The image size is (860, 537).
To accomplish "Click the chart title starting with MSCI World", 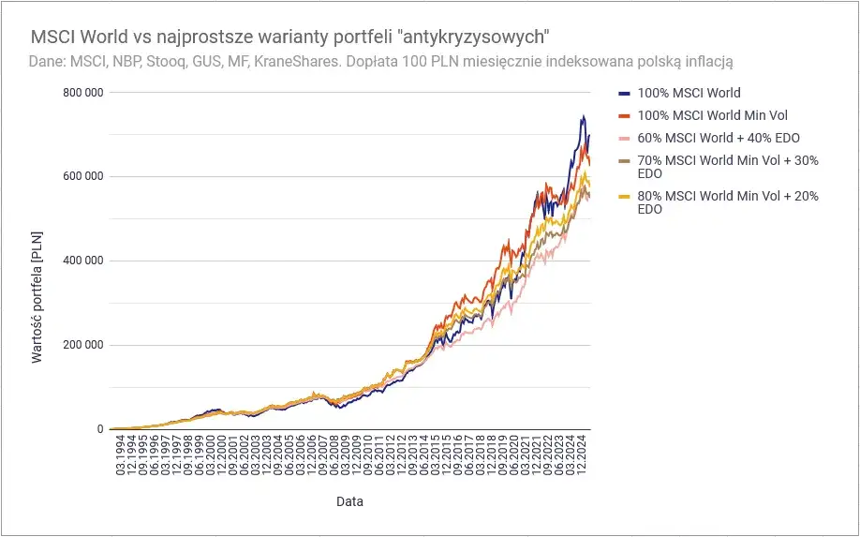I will pyautogui.click(x=289, y=37).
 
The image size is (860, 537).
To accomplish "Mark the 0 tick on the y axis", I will pyautogui.click(x=98, y=429).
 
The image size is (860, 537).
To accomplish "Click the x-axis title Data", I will pyautogui.click(x=349, y=501).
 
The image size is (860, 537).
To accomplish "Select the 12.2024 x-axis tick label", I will pyautogui.click(x=583, y=456).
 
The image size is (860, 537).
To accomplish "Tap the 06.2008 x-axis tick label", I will pyautogui.click(x=334, y=456).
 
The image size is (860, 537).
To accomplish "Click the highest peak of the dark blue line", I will pyautogui.click(x=583, y=116).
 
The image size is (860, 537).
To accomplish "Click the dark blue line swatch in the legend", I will pyautogui.click(x=624, y=93).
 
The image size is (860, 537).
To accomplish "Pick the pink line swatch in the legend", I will pyautogui.click(x=624, y=138).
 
